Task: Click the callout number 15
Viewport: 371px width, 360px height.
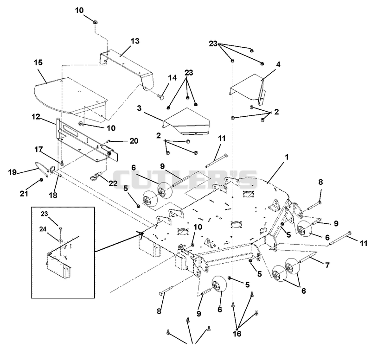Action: coord(38,63)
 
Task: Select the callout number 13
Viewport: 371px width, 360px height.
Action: coord(135,41)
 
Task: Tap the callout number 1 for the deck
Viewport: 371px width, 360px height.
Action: coord(287,157)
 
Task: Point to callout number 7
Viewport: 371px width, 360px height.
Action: coord(327,265)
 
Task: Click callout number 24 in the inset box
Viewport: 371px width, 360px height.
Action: coord(43,229)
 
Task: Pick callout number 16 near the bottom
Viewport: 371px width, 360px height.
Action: coord(237,334)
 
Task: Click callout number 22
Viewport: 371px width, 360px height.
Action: coord(113,183)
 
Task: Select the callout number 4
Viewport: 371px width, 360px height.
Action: coord(278,64)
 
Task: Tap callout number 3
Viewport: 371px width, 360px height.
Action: coord(139,108)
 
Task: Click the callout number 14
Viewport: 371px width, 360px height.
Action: coord(172,78)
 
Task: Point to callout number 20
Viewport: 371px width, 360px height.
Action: coord(134,141)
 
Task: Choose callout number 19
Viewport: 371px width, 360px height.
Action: coord(13,172)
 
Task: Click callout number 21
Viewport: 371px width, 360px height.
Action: coord(24,194)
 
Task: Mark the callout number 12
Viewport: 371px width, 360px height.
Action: coord(36,117)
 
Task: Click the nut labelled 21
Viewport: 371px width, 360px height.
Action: coord(41,180)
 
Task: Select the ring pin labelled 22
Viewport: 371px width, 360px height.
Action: coord(97,176)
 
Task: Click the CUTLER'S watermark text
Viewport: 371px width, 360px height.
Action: coord(185,179)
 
